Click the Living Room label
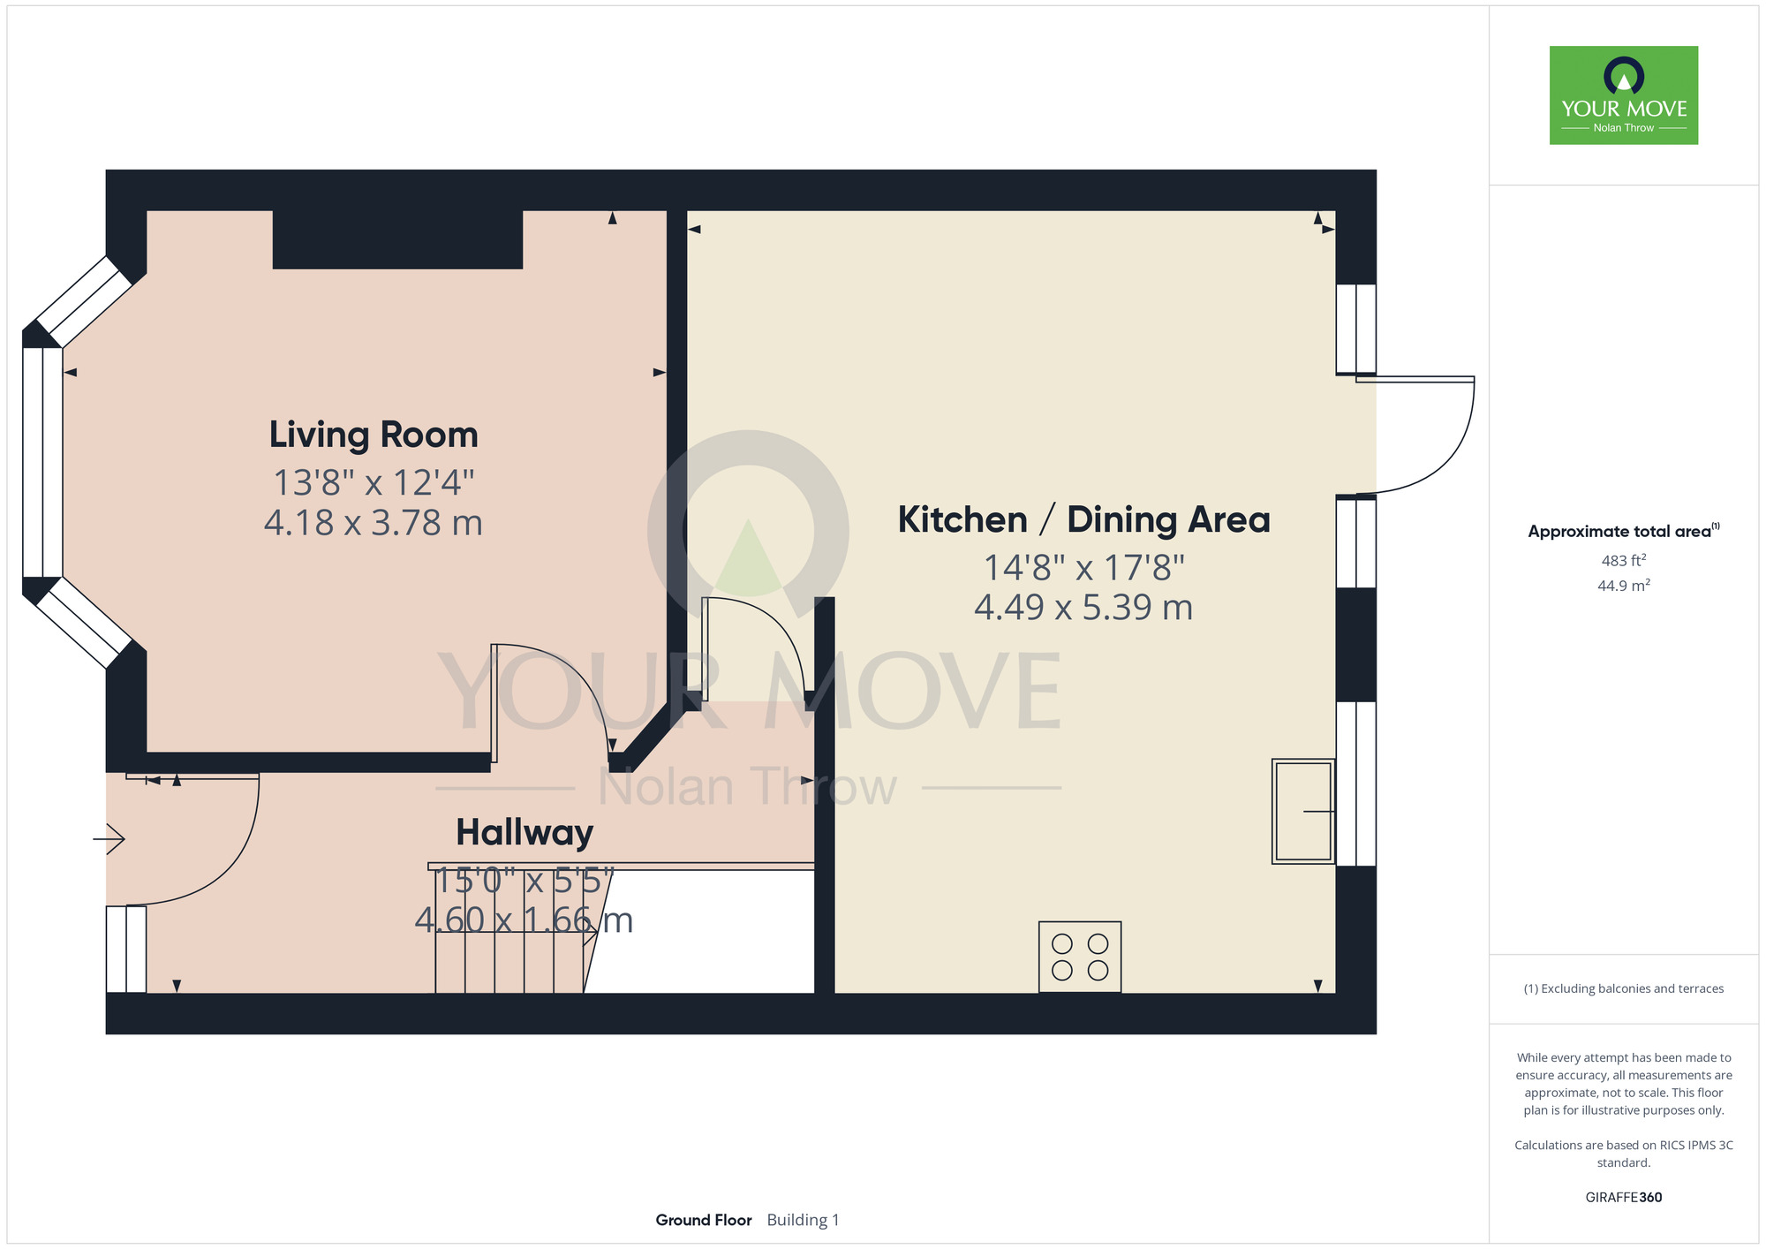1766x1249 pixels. [x=374, y=435]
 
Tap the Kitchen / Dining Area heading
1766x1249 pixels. [x=1083, y=519]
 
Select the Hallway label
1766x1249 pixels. [x=525, y=832]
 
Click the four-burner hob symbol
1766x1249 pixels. [x=1080, y=958]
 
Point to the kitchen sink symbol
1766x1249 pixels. [x=1303, y=811]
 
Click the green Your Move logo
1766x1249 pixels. [x=1624, y=95]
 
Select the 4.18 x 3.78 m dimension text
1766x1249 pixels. [x=374, y=523]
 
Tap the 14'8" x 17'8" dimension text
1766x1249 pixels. [x=1084, y=567]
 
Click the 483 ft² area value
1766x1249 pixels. [x=1624, y=560]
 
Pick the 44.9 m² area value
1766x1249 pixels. [x=1624, y=585]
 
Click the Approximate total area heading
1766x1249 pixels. [x=1624, y=531]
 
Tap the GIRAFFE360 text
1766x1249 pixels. [x=1624, y=1198]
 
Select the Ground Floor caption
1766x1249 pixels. [x=704, y=1220]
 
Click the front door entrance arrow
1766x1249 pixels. [x=109, y=838]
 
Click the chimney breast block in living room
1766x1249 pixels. [x=397, y=239]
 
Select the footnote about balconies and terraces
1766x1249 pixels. [x=1624, y=988]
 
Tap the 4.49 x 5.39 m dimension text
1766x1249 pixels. [x=1083, y=608]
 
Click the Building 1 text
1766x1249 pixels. [x=803, y=1220]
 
